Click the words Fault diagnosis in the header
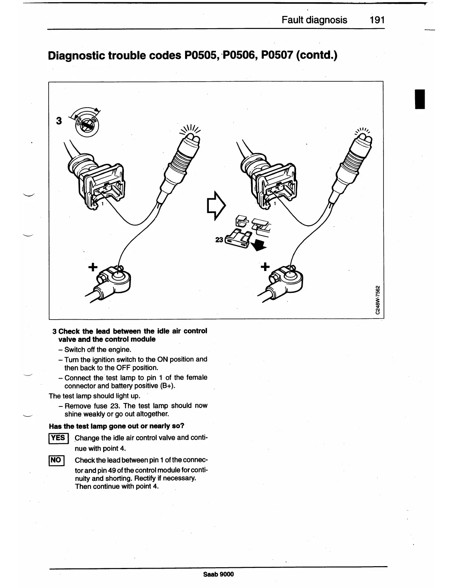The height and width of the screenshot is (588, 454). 314,20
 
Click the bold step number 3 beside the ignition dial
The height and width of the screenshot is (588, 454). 59,121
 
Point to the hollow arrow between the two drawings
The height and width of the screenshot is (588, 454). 216,206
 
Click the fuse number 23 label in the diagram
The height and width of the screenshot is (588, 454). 219,240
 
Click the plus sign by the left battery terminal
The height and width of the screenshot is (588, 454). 93,267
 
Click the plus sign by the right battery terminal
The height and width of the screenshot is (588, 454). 265,267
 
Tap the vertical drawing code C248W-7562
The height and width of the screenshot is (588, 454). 377,300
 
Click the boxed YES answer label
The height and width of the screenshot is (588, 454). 58,438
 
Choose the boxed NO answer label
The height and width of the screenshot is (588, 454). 56,461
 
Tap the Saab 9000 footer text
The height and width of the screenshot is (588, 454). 218,574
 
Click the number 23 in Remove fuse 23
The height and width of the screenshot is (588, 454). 113,406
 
